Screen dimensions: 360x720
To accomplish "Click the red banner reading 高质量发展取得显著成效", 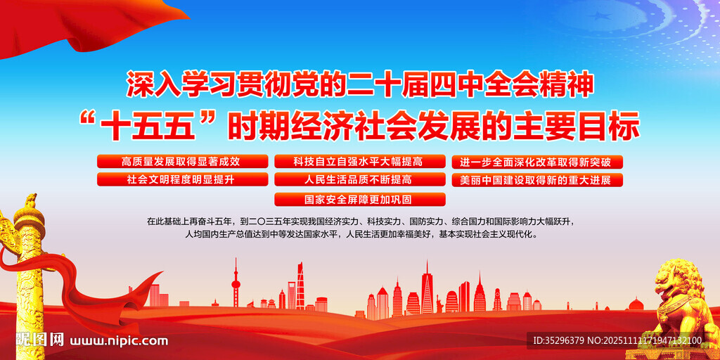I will coord(182,162).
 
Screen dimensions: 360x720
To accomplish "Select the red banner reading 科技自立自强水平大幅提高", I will coord(359,162).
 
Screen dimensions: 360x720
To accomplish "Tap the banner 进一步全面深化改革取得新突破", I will coord(536,162).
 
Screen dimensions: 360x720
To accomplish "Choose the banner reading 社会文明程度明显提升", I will coord(182,179).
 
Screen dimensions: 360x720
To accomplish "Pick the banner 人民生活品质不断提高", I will coord(359,179).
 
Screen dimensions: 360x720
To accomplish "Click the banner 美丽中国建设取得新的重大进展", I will coord(536,179).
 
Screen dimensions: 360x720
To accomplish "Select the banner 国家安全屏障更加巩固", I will coord(359,199).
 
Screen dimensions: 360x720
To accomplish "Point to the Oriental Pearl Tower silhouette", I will coord(236,285).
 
